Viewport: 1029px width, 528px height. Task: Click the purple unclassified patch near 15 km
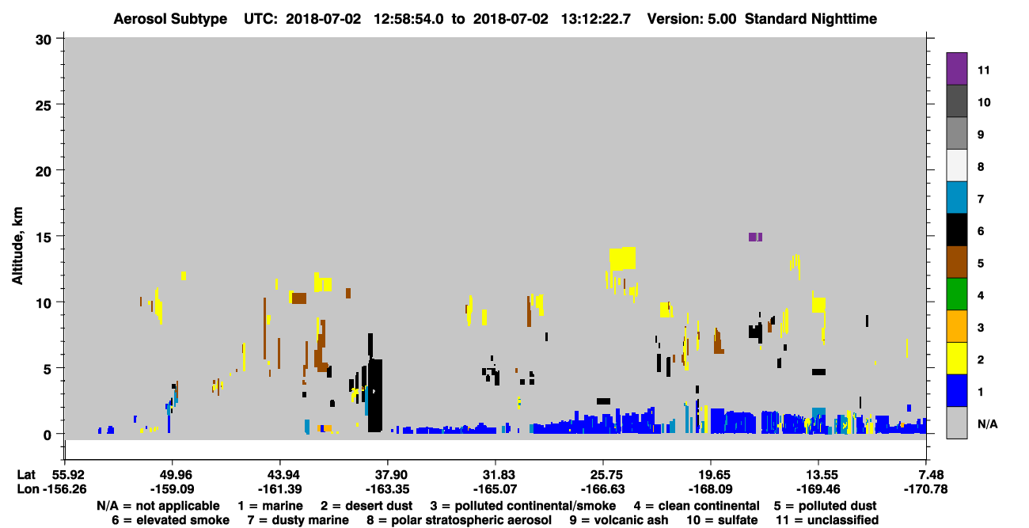pyautogui.click(x=755, y=237)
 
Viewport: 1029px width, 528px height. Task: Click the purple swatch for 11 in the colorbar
pyautogui.click(x=956, y=69)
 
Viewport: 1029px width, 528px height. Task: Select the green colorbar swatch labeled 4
pyautogui.click(x=956, y=294)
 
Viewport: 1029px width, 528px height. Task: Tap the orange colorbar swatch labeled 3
pyautogui.click(x=956, y=326)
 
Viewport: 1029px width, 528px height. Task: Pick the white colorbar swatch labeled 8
pyautogui.click(x=956, y=165)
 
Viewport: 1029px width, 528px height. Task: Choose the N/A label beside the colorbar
pyautogui.click(x=987, y=424)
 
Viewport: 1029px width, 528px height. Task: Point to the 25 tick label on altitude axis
pyautogui.click(x=44, y=105)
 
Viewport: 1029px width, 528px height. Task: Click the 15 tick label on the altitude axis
pyautogui.click(x=44, y=237)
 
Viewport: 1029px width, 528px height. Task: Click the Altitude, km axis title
pyautogui.click(x=17, y=246)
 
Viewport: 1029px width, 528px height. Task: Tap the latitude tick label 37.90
pyautogui.click(x=387, y=475)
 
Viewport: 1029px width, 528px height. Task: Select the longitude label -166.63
pyautogui.click(x=602, y=489)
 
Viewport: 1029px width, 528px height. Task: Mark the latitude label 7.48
pyautogui.click(x=925, y=475)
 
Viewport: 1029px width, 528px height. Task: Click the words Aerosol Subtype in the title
pyautogui.click(x=170, y=19)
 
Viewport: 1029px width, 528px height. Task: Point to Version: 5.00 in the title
pyautogui.click(x=691, y=19)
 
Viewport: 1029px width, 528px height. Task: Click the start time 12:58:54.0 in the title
pyautogui.click(x=408, y=19)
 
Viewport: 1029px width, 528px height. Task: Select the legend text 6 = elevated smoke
pyautogui.click(x=170, y=520)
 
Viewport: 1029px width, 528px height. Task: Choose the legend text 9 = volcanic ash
pyautogui.click(x=619, y=520)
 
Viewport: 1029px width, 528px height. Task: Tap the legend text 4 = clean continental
pyautogui.click(x=697, y=506)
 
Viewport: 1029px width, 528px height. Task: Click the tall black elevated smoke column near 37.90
pyautogui.click(x=375, y=395)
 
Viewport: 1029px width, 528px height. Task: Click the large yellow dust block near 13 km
pyautogui.click(x=622, y=259)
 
